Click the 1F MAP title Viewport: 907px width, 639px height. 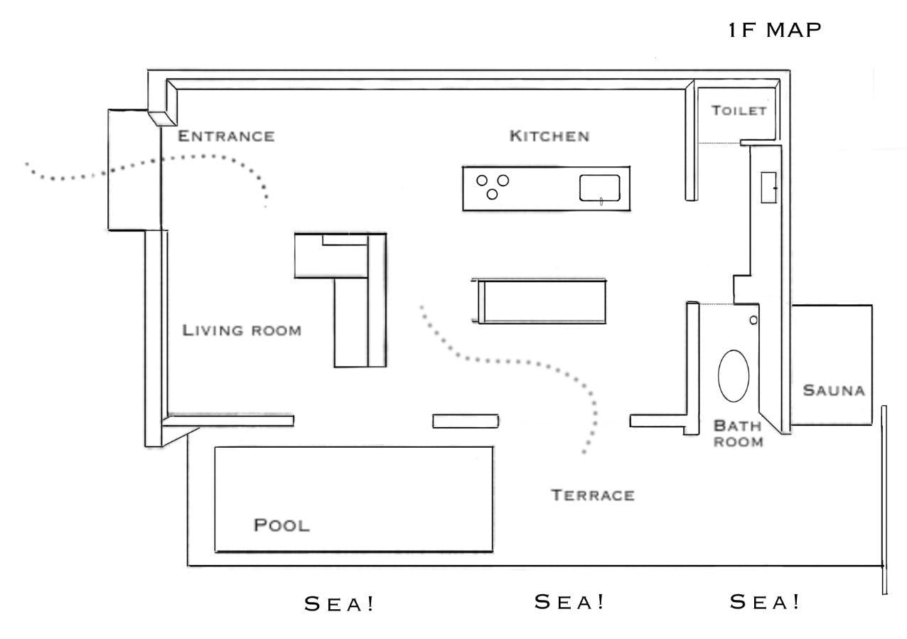click(x=775, y=30)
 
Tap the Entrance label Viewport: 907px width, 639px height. click(x=225, y=136)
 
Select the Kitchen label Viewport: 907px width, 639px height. click(x=549, y=136)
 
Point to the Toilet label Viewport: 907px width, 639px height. click(x=739, y=111)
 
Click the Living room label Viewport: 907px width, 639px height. click(x=242, y=331)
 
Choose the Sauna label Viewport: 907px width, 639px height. click(x=833, y=390)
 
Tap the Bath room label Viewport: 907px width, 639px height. click(x=738, y=434)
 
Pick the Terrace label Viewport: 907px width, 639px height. click(x=592, y=495)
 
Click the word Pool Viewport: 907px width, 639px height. click(x=281, y=526)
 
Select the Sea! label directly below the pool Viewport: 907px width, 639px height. click(x=339, y=604)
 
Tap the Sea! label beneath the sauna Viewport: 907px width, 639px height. click(x=765, y=602)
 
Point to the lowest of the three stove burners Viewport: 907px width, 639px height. click(x=492, y=194)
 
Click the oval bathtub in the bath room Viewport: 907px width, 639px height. click(x=734, y=376)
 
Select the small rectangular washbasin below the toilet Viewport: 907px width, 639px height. click(x=768, y=188)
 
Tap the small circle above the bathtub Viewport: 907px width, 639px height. click(x=753, y=321)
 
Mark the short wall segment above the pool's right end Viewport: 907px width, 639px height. click(x=466, y=421)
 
